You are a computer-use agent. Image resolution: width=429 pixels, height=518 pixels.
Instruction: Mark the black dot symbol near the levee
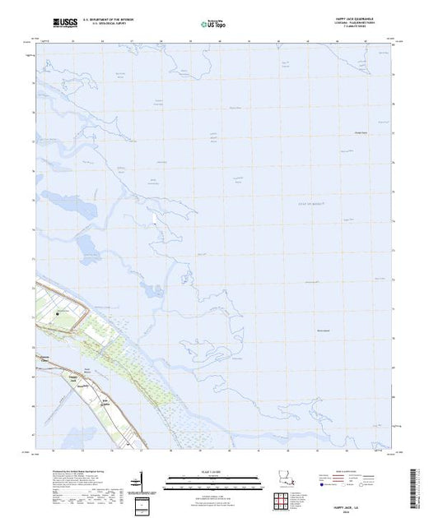(58, 313)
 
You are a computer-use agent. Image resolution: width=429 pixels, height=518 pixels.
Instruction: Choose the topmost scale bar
(200, 476)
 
